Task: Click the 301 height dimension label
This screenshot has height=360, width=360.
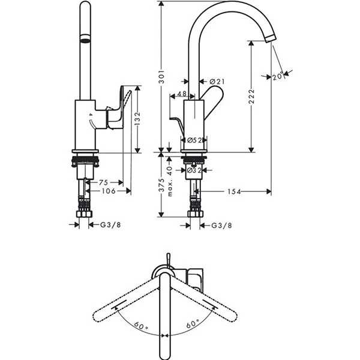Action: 162,76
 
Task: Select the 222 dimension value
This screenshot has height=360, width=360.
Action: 251,97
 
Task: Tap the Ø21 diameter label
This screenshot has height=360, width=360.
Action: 217,82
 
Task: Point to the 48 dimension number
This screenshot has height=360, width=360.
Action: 182,94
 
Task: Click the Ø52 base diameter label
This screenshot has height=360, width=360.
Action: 194,140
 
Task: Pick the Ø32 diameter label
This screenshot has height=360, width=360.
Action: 194,170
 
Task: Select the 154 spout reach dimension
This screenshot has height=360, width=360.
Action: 234,191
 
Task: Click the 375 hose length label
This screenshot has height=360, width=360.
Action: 162,185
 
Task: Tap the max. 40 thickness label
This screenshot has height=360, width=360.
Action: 170,181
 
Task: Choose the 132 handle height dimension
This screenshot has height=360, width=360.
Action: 137,119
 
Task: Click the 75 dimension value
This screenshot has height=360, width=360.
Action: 103,182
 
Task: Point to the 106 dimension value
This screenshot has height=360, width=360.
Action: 109,191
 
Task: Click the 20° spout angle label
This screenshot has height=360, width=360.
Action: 278,76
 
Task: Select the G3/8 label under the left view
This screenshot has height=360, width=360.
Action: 110,225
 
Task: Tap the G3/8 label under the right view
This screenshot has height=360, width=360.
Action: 221,226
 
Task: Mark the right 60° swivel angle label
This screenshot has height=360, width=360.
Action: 193,324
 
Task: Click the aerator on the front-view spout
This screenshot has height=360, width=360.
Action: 85,38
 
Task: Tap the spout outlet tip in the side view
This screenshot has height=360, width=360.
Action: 271,38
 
